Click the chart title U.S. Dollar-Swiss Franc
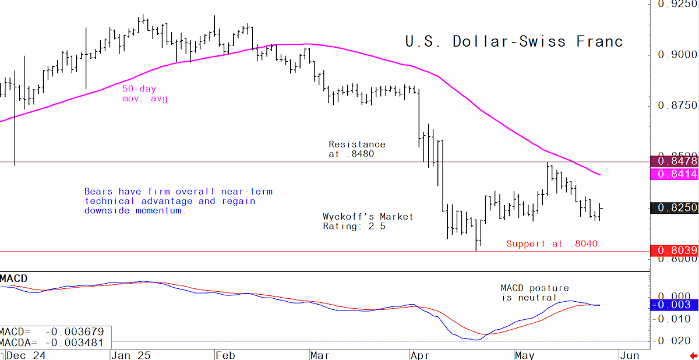[x=514, y=41]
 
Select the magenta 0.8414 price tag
[x=675, y=174]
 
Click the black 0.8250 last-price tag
[x=675, y=208]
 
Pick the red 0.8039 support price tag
[x=675, y=250]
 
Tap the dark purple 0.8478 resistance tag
[x=675, y=161]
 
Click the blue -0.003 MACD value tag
[x=675, y=305]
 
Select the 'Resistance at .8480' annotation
[x=357, y=149]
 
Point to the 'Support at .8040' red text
[x=552, y=243]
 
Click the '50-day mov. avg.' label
[x=147, y=94]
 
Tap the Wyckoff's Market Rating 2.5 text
[x=368, y=221]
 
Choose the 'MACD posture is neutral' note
[x=535, y=292]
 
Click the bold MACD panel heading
[x=14, y=278]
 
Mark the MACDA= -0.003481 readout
[x=52, y=343]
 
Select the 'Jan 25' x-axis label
[x=131, y=355]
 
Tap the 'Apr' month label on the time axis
[x=420, y=355]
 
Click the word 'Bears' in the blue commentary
[x=98, y=192]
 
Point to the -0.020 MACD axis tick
[x=674, y=341]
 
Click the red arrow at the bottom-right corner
[x=694, y=356]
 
